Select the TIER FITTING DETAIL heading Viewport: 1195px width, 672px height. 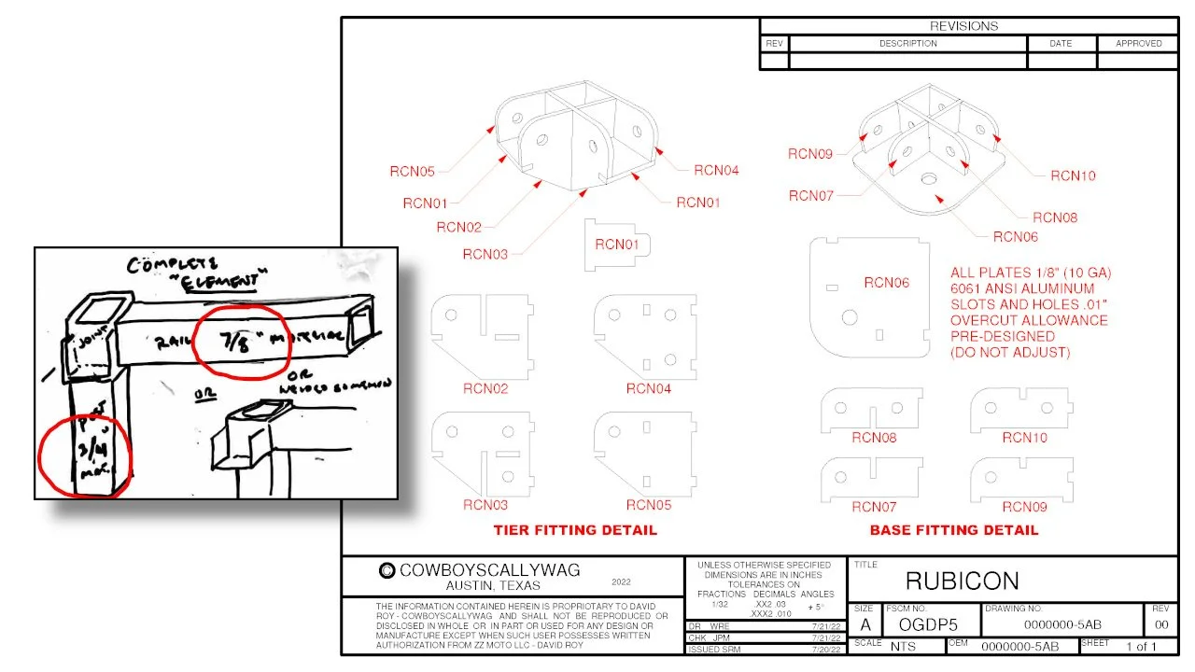click(x=575, y=530)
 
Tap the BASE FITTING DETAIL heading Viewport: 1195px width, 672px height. click(x=953, y=530)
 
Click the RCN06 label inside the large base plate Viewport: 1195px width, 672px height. click(x=886, y=283)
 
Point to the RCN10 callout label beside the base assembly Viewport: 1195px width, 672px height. click(x=1073, y=175)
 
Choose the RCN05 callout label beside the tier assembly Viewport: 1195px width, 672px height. click(x=413, y=171)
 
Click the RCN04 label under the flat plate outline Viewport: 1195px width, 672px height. click(x=648, y=388)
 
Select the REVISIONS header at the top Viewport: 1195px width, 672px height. click(x=963, y=26)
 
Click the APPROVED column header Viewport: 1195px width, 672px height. click(x=1138, y=44)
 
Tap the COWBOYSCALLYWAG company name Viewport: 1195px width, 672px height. click(x=489, y=570)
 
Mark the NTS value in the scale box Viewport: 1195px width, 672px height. click(x=903, y=646)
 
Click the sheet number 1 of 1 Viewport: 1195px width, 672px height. click(x=1141, y=646)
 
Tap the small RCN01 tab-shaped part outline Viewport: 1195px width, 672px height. click(x=617, y=245)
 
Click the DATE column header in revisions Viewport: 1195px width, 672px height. click(x=1061, y=44)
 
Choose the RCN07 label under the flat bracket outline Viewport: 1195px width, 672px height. click(x=874, y=507)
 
